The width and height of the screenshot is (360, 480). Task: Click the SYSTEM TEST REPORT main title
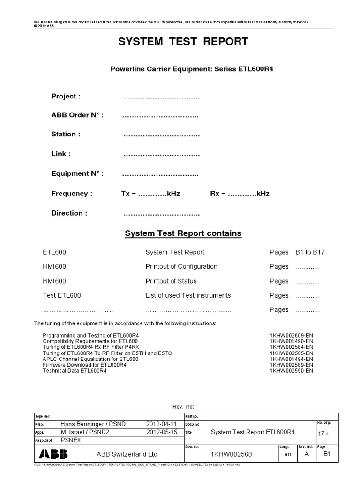tap(183, 42)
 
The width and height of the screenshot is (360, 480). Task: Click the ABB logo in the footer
tap(53, 454)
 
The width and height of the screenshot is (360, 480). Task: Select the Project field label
tap(66, 96)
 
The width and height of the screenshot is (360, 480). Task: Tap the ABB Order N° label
tap(77, 115)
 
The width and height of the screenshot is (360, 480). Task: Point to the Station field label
tap(66, 134)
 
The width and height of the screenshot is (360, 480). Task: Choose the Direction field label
tap(69, 213)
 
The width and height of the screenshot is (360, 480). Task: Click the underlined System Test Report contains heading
tap(183, 233)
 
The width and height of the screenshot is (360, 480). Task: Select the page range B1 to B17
tap(310, 252)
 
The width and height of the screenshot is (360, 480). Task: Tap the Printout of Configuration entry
tap(181, 266)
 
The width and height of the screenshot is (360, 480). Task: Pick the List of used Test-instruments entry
tap(188, 295)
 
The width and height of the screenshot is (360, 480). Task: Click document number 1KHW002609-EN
tap(291, 336)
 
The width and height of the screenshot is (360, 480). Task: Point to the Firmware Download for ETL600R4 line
tap(84, 365)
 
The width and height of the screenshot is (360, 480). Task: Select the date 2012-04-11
tap(162, 424)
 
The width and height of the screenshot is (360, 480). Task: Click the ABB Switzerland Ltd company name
tap(127, 454)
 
